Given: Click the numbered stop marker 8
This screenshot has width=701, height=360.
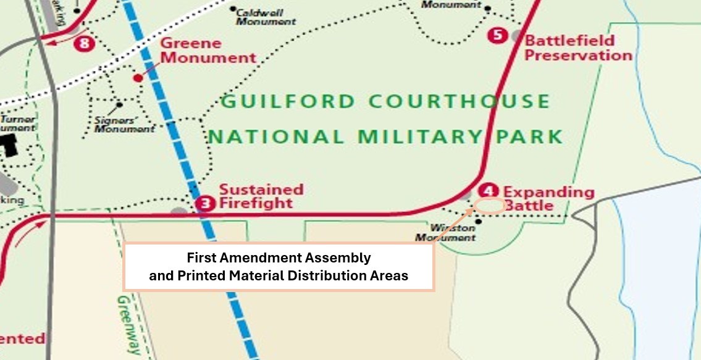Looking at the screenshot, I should click(x=85, y=43).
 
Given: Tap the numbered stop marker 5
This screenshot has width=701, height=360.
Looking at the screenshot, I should click(x=497, y=35).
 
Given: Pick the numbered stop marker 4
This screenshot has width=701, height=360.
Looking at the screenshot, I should click(x=489, y=191).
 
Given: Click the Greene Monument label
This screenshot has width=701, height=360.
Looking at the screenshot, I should click(x=208, y=51).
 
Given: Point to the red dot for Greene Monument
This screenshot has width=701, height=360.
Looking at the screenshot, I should click(x=138, y=78).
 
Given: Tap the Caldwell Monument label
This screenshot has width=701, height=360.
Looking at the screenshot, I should click(x=266, y=17).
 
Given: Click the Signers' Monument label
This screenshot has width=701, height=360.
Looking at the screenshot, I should click(x=125, y=124).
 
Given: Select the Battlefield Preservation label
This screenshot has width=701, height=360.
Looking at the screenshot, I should click(x=578, y=48).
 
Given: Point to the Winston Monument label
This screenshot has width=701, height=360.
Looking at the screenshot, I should click(x=445, y=232).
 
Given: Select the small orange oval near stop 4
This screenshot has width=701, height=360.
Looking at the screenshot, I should click(x=490, y=206).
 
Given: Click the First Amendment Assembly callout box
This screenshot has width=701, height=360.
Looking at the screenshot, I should click(x=279, y=266).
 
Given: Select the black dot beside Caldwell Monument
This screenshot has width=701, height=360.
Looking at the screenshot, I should click(x=233, y=9).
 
